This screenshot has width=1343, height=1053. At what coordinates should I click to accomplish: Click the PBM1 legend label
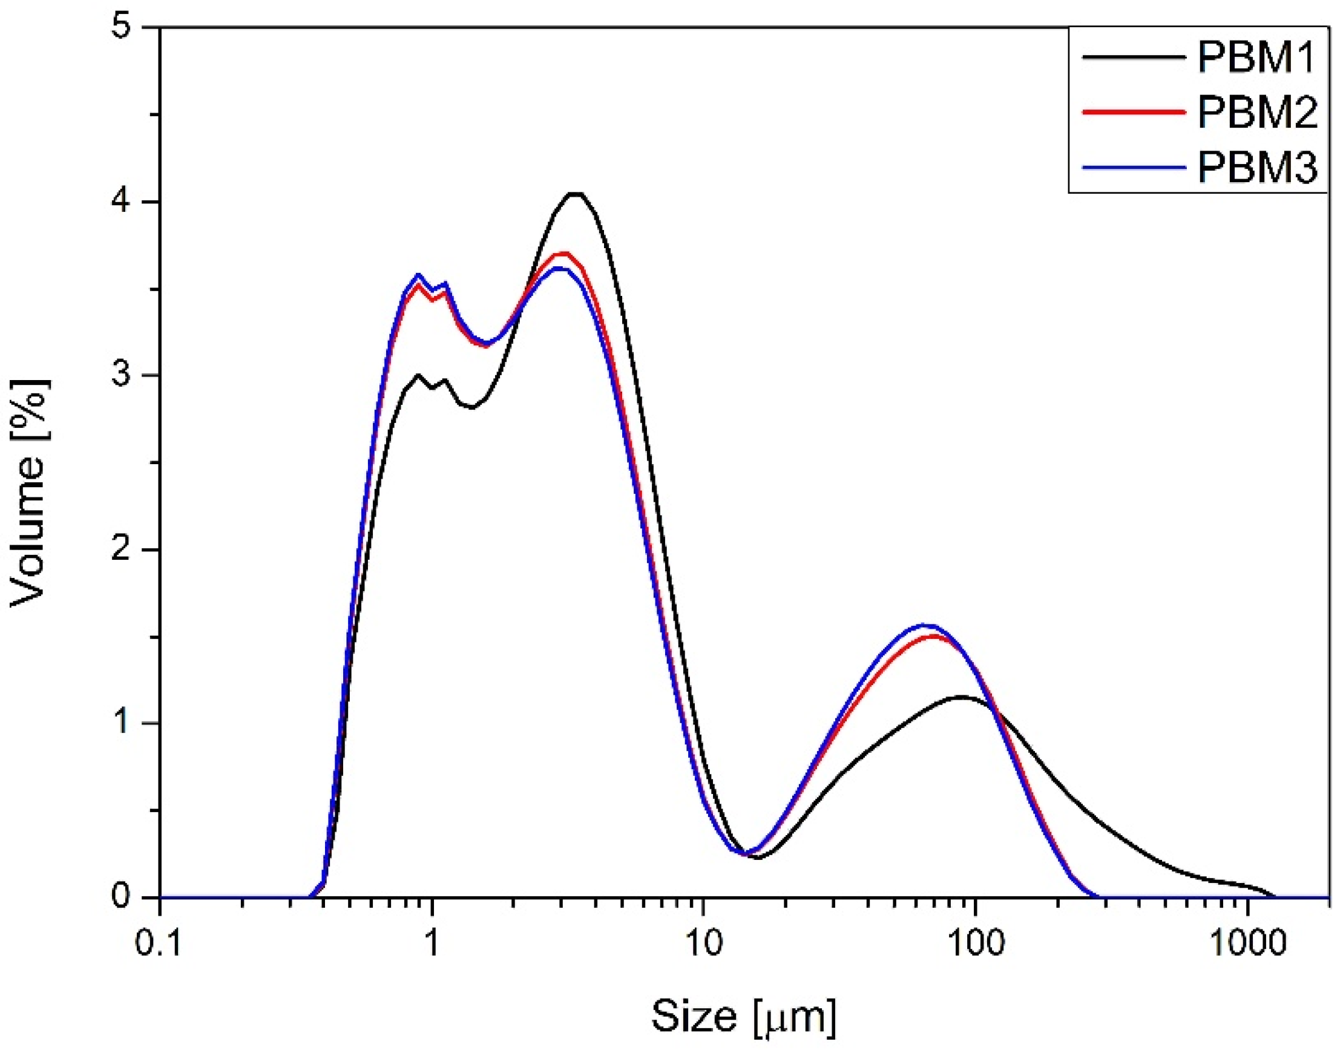(x=1256, y=59)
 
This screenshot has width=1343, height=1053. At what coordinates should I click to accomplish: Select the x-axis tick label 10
(x=703, y=943)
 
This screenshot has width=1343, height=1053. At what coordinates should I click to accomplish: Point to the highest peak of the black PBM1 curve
(x=575, y=194)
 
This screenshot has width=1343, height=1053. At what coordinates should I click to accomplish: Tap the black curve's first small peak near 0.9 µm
(x=418, y=375)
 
